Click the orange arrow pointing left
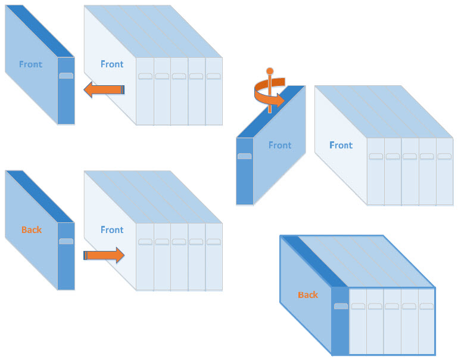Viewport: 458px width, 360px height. [104, 90]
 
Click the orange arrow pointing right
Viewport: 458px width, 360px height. [104, 255]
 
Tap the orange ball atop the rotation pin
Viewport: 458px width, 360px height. [269, 72]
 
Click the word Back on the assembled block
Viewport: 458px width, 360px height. [308, 294]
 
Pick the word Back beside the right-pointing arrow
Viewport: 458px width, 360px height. [32, 229]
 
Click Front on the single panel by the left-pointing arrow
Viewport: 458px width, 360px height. [30, 64]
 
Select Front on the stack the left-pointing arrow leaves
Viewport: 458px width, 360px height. [112, 64]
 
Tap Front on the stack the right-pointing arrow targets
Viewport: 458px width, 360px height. [112, 229]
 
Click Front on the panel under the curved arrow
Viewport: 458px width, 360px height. [280, 145]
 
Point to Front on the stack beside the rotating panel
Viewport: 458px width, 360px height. [341, 145]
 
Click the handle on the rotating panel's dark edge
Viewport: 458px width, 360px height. [244, 156]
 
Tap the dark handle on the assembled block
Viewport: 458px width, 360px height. [341, 306]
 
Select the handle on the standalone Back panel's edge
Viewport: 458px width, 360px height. [66, 241]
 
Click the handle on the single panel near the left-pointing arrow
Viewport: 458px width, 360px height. [66, 76]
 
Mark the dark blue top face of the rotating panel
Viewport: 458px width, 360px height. [270, 113]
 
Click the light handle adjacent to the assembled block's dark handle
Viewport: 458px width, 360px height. [357, 306]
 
